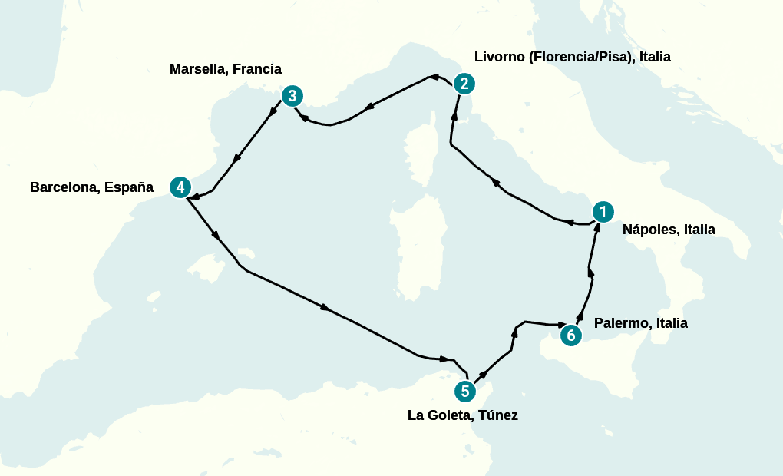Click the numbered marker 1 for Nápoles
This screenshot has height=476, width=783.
(603, 211)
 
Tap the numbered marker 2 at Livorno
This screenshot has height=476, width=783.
(464, 84)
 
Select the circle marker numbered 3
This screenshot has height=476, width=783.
(292, 96)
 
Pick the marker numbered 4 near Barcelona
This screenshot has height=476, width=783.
(179, 187)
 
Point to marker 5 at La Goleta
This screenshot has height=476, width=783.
(464, 392)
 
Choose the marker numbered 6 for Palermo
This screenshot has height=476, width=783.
(570, 335)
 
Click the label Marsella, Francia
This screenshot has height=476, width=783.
(225, 69)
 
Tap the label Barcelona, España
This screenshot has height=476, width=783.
(91, 187)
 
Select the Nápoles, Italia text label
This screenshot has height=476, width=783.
(668, 229)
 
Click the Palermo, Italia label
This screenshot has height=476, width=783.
(640, 323)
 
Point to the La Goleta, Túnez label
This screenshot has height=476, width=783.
(462, 415)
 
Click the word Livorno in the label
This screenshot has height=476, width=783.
(499, 57)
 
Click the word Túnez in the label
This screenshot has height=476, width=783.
(498, 415)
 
